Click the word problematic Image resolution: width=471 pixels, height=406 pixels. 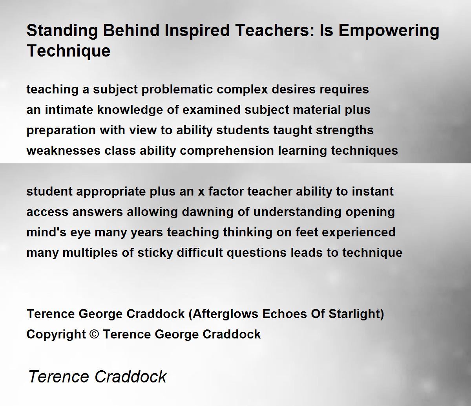pyautogui.click(x=177, y=90)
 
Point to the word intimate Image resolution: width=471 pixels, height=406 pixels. pyautogui.click(x=69, y=110)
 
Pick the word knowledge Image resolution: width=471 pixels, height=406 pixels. pyautogui.click(x=130, y=110)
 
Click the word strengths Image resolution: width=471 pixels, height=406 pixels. pyautogui.click(x=345, y=131)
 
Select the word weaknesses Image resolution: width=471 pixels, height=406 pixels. pyautogui.click(x=64, y=151)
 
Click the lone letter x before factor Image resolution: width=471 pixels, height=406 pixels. pyautogui.click(x=201, y=192)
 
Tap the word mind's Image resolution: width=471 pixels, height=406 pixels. pyautogui.click(x=46, y=232)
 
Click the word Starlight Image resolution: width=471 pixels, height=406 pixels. pyautogui.click(x=354, y=314)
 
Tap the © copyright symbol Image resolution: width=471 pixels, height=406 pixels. pyautogui.click(x=94, y=335)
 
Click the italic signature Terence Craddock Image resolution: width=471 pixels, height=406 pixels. pyautogui.click(x=97, y=377)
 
